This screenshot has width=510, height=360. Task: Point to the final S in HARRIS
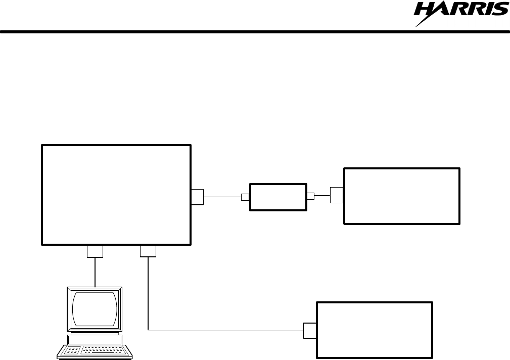501,9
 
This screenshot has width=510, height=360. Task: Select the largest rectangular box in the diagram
116,195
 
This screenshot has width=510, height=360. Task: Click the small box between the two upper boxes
279,197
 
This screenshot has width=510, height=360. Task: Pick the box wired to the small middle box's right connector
402,196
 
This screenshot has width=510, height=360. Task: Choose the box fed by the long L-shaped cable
375,330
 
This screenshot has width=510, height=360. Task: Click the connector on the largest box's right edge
198,197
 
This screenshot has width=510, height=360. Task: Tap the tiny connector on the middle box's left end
246,197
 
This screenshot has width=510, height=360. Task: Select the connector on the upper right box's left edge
337,195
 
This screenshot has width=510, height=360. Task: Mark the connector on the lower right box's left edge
309,331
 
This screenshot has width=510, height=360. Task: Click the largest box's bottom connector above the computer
95,251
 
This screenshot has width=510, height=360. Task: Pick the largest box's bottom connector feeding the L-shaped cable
148,251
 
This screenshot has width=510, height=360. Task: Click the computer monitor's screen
95,309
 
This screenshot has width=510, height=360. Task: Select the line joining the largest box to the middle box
222,197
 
